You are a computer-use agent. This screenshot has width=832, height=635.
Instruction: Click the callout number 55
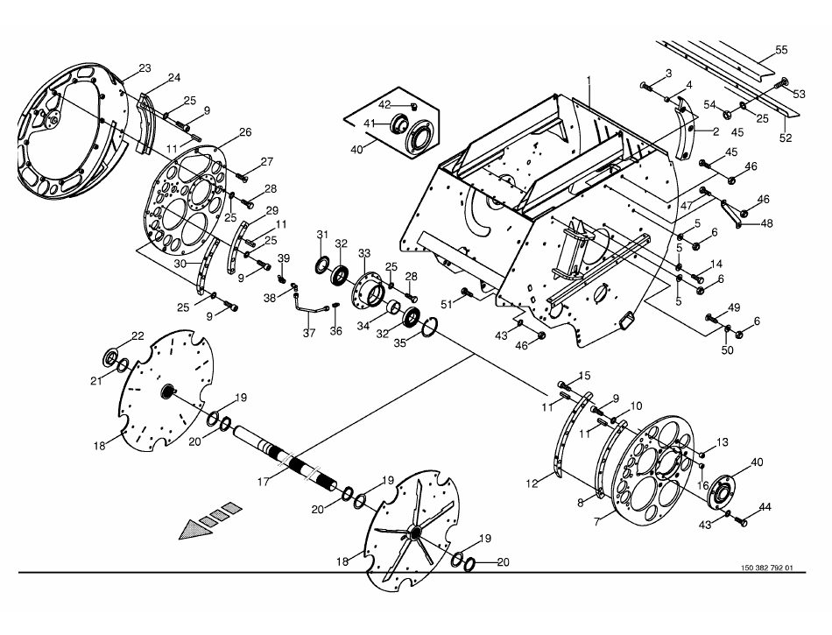(x=781, y=50)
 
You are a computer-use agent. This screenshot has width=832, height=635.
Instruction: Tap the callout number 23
(x=145, y=68)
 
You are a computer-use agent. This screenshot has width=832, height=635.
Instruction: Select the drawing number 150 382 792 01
(x=766, y=568)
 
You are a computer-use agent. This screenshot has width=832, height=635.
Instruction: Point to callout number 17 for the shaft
(x=264, y=482)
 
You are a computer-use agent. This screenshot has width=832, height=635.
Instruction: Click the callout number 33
(x=364, y=253)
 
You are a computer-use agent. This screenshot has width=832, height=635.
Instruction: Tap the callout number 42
(x=384, y=104)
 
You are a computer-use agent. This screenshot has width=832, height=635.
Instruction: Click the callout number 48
(x=766, y=223)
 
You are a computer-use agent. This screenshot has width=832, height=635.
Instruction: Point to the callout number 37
(x=309, y=333)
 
